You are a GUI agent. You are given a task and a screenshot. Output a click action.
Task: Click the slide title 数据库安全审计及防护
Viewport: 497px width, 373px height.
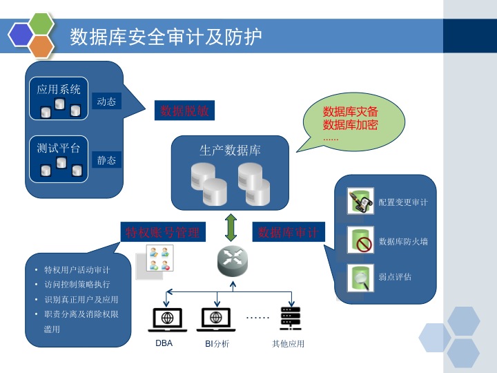[166, 37]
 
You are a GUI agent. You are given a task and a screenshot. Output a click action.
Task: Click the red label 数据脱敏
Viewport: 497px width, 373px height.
[184, 111]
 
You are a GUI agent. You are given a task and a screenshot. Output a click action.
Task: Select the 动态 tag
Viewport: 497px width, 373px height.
[106, 102]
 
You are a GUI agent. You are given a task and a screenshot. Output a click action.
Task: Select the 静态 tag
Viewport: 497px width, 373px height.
[106, 160]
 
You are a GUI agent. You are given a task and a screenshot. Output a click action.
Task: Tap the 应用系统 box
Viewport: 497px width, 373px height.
[59, 97]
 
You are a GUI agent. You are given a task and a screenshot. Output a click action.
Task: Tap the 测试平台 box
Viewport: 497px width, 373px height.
[59, 158]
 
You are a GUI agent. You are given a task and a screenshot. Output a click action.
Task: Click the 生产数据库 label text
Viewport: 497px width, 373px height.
[230, 151]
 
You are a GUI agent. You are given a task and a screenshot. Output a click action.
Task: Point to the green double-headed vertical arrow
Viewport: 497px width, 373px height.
[231, 227]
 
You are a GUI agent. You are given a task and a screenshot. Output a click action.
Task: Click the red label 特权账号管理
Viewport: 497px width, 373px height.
[162, 233]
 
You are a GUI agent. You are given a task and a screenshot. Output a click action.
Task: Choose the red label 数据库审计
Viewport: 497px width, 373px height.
[288, 233]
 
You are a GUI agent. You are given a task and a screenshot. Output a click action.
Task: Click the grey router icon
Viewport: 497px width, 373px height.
[231, 260]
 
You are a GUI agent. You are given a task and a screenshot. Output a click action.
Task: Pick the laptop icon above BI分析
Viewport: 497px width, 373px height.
[217, 318]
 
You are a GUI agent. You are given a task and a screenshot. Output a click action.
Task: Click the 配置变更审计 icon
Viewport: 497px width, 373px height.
[360, 202]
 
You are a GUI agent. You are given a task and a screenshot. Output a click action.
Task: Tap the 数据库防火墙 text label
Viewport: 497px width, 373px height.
[403, 242]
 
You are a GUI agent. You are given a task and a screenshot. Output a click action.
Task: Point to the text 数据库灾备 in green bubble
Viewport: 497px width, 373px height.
[350, 111]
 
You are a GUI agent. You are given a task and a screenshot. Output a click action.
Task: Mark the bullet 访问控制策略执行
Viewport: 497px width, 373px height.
[77, 285]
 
